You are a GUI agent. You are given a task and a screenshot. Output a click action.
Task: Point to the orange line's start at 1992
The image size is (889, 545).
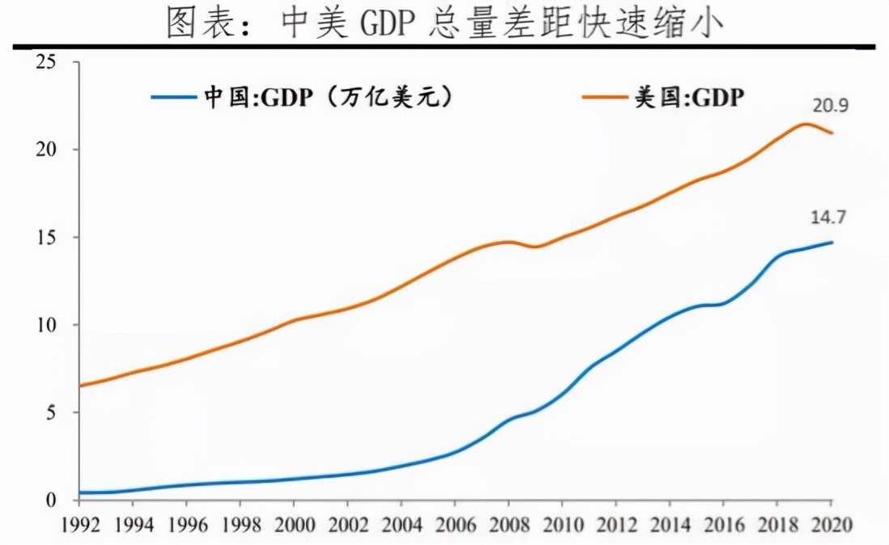79,386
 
